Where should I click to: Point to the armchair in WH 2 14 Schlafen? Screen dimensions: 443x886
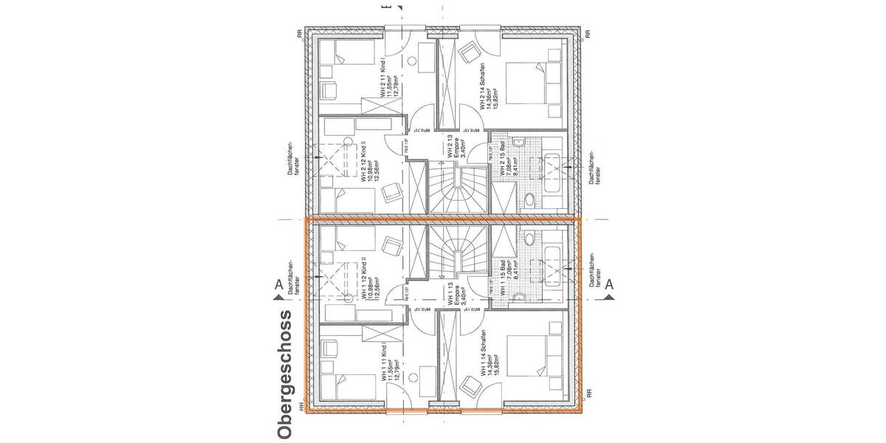pos(468,54)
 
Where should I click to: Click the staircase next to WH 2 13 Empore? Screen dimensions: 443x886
pos(455,189)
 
